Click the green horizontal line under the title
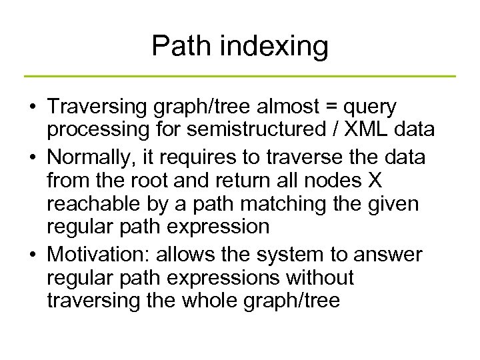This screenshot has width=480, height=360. tap(240, 76)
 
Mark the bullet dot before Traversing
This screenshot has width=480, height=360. tap(31, 108)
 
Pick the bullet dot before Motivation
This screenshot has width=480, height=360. tap(31, 253)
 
